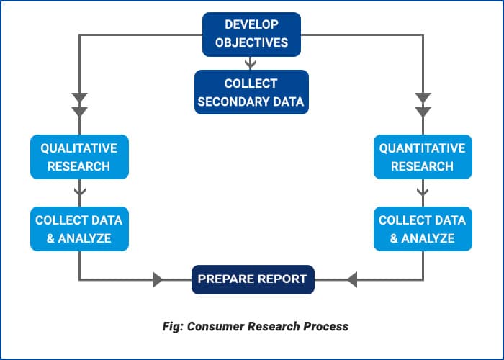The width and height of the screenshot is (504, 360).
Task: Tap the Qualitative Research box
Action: (79, 157)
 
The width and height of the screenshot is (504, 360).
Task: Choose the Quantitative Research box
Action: (423, 157)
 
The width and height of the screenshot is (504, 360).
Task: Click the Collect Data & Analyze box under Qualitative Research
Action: (79, 229)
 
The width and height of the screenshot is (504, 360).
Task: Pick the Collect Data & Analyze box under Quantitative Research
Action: (423, 229)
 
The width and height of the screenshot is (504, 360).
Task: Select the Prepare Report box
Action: (253, 279)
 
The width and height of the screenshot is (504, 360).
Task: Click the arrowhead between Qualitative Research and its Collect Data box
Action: (79, 192)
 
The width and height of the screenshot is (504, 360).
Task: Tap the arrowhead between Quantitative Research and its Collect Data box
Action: (423, 192)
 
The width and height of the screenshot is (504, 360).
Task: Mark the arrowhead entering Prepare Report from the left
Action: (158, 279)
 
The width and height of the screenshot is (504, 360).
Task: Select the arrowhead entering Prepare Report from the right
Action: (352, 279)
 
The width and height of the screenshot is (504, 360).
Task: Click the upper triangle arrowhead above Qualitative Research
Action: (79, 98)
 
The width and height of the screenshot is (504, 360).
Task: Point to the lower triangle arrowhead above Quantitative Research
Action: (423, 112)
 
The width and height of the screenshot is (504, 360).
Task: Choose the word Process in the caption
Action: (325, 326)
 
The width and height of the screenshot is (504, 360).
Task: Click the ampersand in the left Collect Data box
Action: (51, 238)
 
